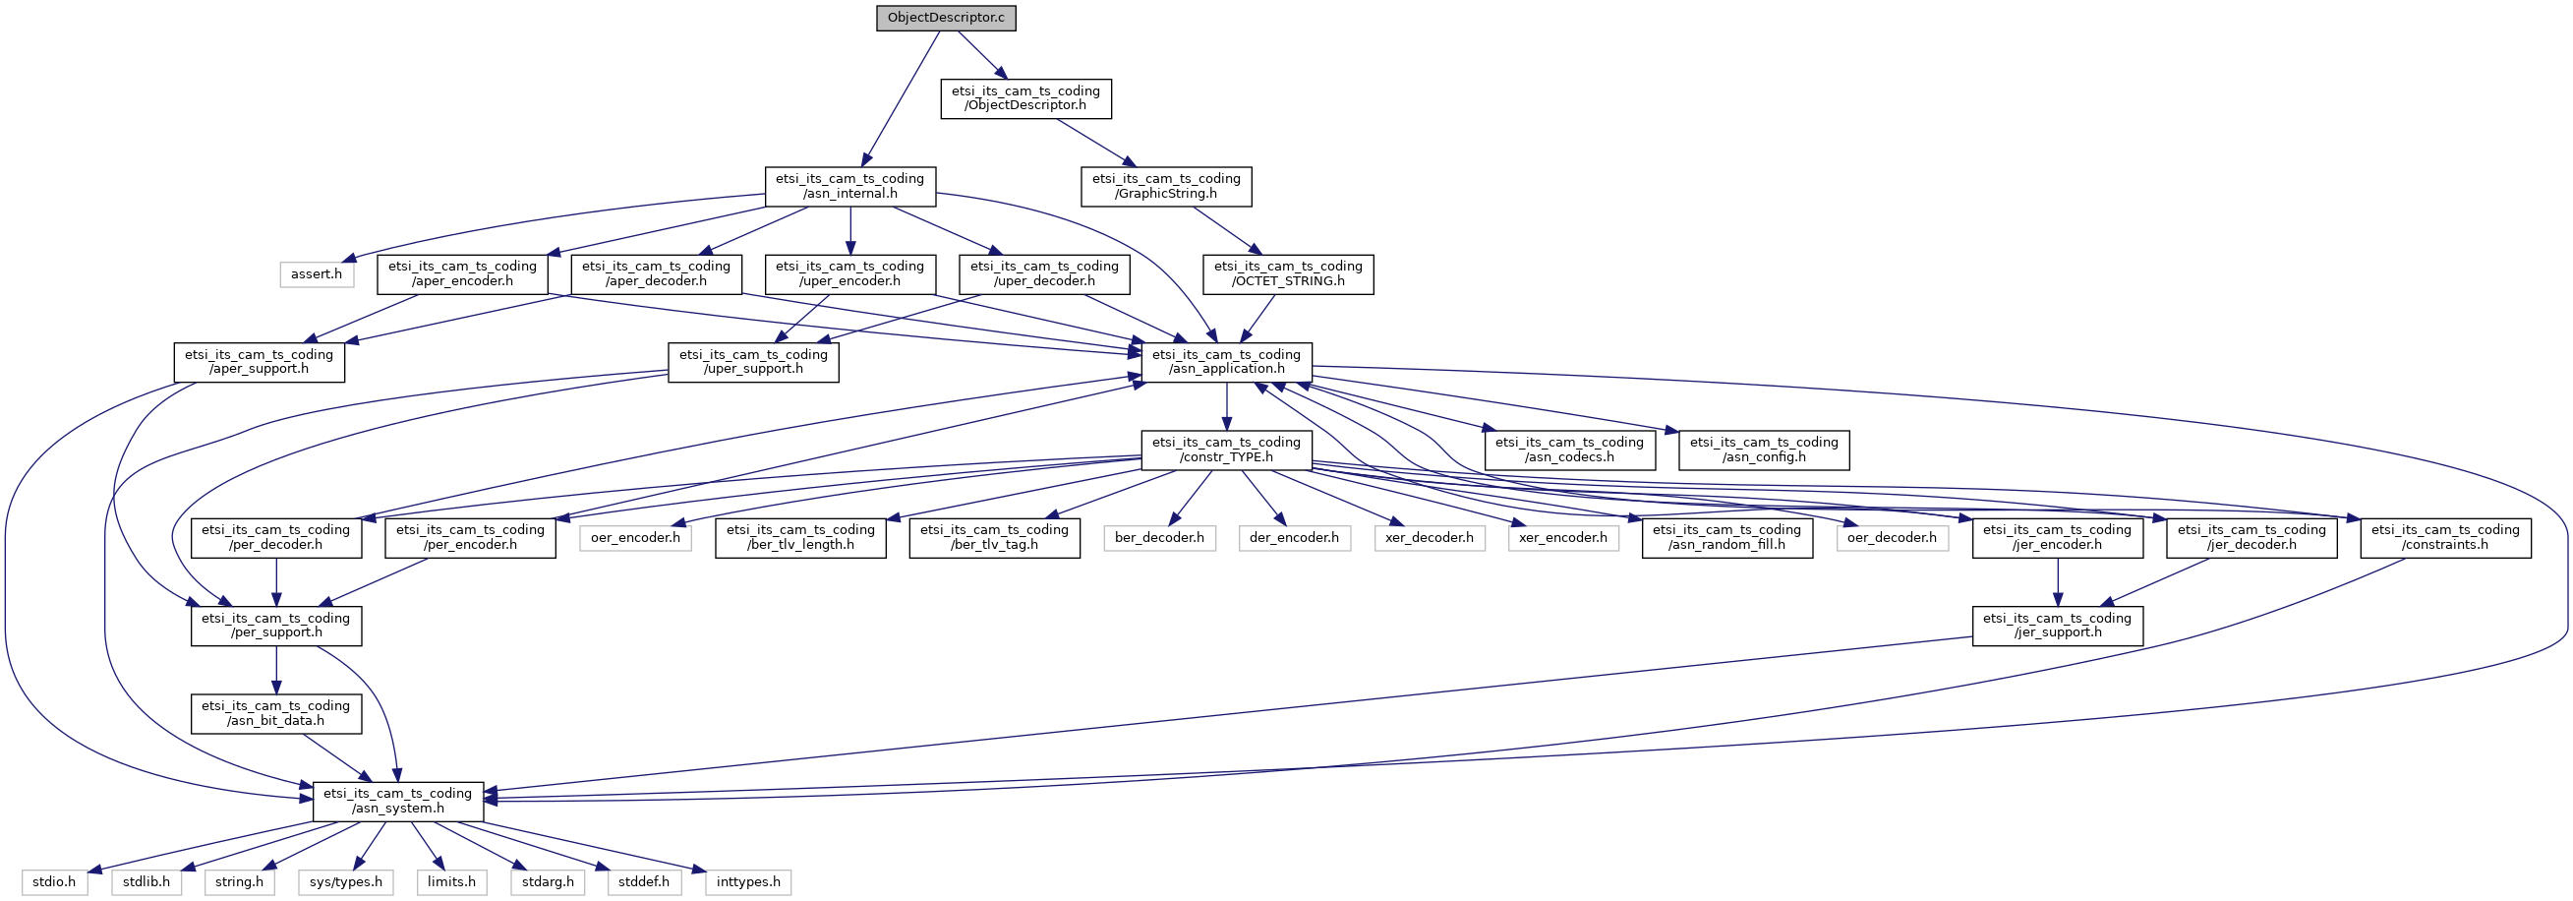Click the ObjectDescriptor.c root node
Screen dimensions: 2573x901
[946, 18]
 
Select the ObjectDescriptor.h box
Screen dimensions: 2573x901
[1025, 98]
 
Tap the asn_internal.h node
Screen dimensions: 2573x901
[850, 186]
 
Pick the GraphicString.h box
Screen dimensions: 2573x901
[1166, 186]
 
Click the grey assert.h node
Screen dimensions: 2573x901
[317, 273]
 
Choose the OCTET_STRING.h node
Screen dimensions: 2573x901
[1288, 273]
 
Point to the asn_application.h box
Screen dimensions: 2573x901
[1227, 362]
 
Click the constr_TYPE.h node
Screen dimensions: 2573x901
[1227, 450]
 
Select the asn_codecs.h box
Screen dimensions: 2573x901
[1569, 450]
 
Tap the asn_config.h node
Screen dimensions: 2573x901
[1764, 450]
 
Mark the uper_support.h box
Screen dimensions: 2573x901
[753, 362]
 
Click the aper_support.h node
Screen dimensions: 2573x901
[259, 362]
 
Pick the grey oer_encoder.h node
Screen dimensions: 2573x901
[635, 537]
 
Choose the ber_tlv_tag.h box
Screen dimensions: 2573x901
[994, 537]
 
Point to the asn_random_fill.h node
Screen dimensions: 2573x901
[1727, 537]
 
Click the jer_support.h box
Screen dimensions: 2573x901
[2058, 626]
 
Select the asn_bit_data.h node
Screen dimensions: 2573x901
[275, 713]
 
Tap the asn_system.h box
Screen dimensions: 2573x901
[397, 801]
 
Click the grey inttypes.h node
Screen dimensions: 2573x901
[748, 882]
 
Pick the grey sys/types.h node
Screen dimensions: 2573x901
[346, 882]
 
